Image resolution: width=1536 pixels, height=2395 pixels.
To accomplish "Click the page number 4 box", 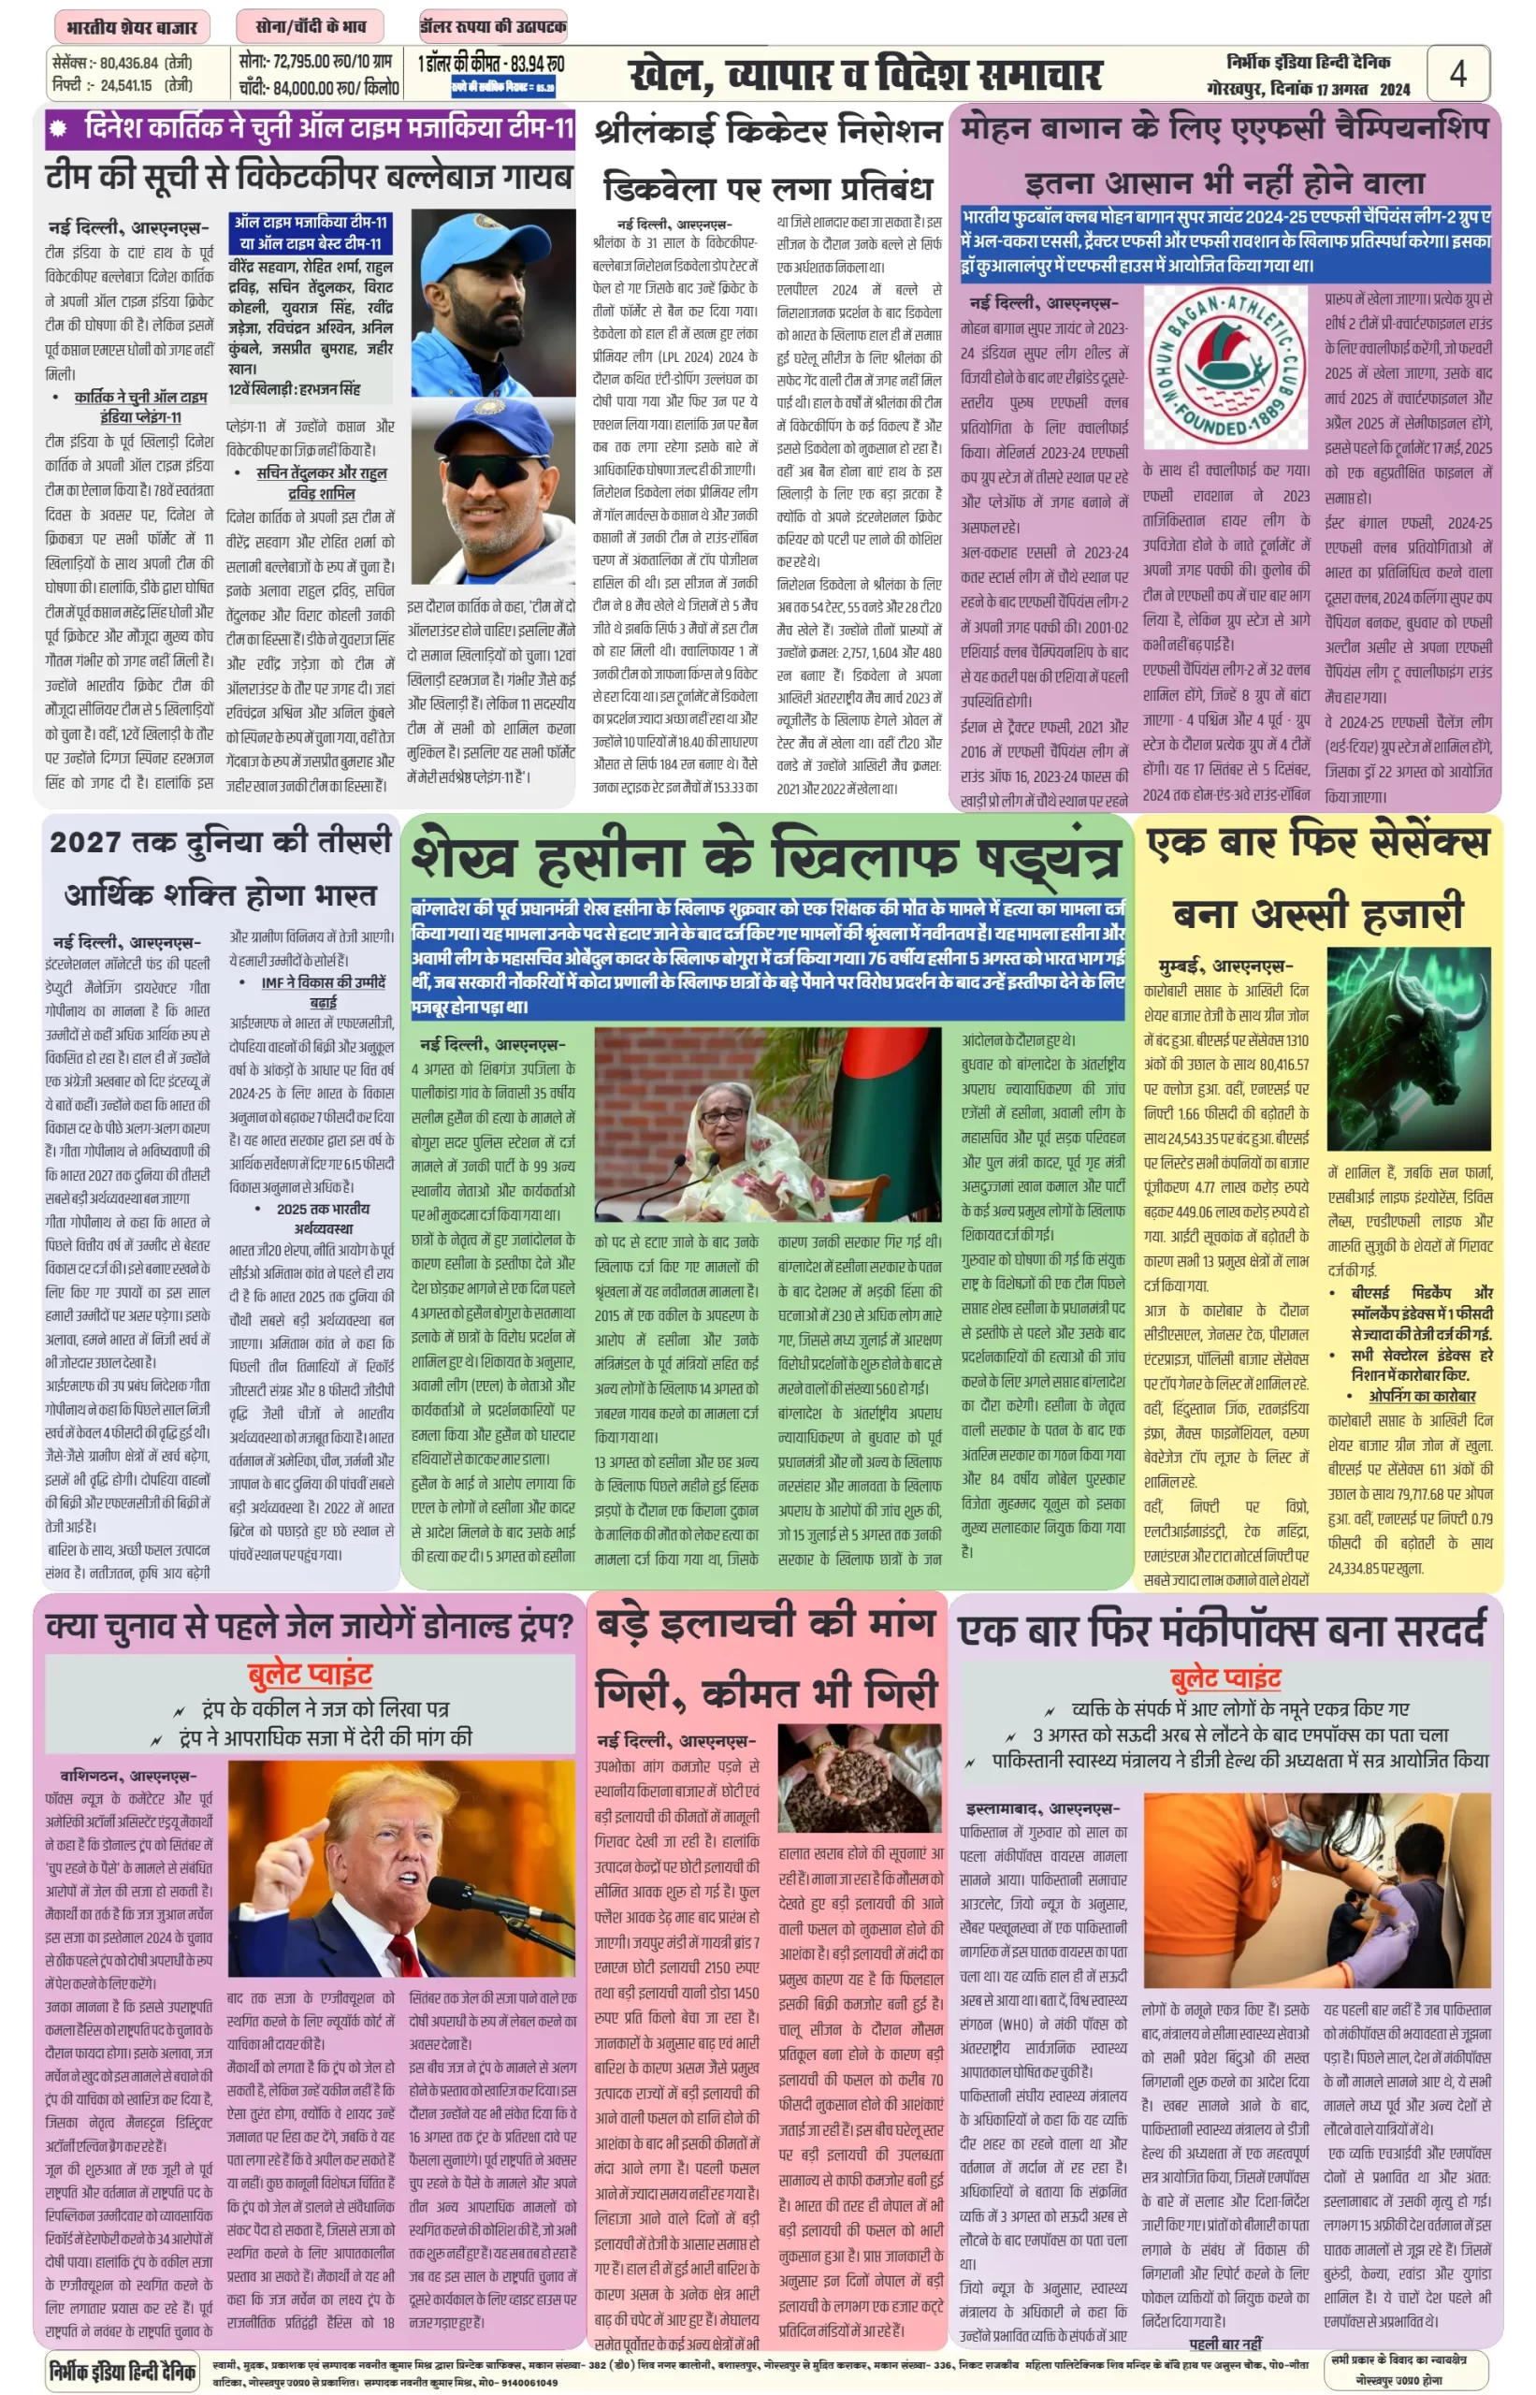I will click(x=1456, y=73).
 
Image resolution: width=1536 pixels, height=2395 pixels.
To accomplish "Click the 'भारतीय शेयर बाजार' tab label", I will click(x=132, y=27).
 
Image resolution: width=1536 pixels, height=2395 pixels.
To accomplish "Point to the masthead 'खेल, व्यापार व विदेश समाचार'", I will click(x=864, y=75).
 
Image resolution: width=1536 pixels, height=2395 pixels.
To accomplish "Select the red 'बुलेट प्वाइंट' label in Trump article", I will click(x=310, y=1673).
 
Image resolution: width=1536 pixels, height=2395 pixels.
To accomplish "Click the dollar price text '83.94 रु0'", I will click(x=536, y=64).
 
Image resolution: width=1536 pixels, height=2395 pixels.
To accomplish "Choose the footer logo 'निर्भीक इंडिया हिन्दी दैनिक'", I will click(x=123, y=2370).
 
